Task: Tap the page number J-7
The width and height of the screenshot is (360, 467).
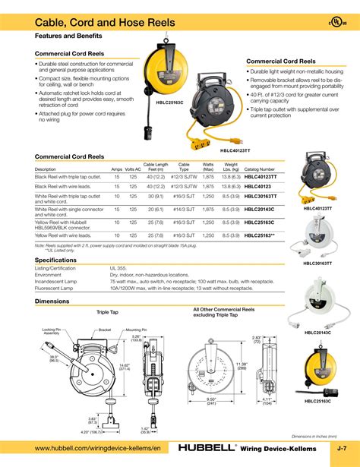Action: pyautogui.click(x=343, y=450)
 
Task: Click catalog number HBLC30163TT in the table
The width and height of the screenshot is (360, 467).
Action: pyautogui.click(x=261, y=195)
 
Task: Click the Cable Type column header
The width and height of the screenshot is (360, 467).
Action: pyautogui.click(x=184, y=166)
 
